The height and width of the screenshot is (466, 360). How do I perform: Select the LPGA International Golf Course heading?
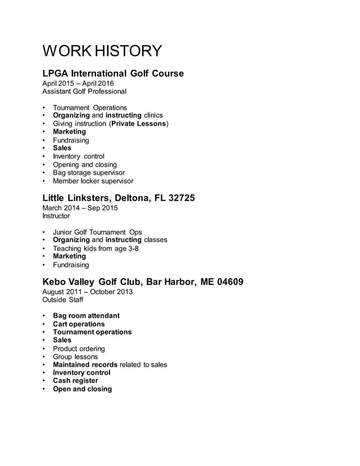(x=113, y=73)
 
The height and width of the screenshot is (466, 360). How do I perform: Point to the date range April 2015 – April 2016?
(x=78, y=83)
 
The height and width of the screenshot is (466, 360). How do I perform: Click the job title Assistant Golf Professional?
(x=85, y=91)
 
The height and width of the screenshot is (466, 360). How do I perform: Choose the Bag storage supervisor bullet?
(x=89, y=173)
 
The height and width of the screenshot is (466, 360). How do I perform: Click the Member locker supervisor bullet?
(x=93, y=181)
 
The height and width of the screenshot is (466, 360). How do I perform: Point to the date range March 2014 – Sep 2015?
(x=80, y=208)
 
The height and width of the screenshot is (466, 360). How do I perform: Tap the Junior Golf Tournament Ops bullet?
(x=97, y=232)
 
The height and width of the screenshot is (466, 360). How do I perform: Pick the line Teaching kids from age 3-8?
(x=95, y=248)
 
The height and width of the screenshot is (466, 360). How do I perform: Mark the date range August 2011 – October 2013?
(x=88, y=292)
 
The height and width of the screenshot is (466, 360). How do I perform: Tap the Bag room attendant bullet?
(x=86, y=316)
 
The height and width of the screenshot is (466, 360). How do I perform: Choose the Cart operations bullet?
(x=78, y=324)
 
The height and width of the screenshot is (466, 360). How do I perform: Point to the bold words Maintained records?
(x=85, y=365)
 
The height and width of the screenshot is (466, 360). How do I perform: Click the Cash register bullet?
(x=75, y=381)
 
